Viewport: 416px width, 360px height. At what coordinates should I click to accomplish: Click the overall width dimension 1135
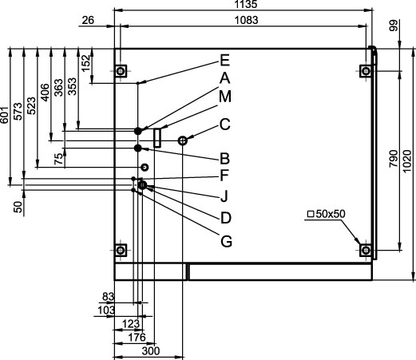pos(246,4)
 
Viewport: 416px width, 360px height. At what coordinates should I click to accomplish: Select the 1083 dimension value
pos(247,20)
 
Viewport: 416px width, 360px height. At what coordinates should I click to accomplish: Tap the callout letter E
pos(225,61)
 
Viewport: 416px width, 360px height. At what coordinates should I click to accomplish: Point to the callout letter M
pos(225,97)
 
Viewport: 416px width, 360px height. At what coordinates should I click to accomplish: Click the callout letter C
pos(225,125)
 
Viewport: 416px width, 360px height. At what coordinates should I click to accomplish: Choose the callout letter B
pos(225,159)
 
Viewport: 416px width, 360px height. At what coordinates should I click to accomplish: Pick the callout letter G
pos(226,241)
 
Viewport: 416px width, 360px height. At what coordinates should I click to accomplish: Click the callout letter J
pos(224,196)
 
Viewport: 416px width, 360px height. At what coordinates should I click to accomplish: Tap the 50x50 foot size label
pos(327,214)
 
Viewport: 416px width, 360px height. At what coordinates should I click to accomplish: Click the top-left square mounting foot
pos(121,71)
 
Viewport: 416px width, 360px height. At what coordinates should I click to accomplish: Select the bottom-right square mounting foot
pos(366,250)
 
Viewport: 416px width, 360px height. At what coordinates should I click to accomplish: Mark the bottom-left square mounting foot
pos(121,250)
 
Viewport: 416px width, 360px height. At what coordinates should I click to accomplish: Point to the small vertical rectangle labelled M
pos(157,137)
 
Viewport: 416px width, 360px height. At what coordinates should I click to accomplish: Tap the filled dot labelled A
pos(138,131)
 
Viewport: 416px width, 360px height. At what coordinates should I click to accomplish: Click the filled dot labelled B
pos(138,148)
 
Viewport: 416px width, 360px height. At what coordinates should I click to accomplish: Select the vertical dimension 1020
pos(407,160)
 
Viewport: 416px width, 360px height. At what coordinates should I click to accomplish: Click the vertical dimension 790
pos(394,159)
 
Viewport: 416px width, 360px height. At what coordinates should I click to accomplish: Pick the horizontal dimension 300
pos(151,351)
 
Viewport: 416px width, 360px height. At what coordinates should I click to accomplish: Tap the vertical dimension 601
pos(4,115)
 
